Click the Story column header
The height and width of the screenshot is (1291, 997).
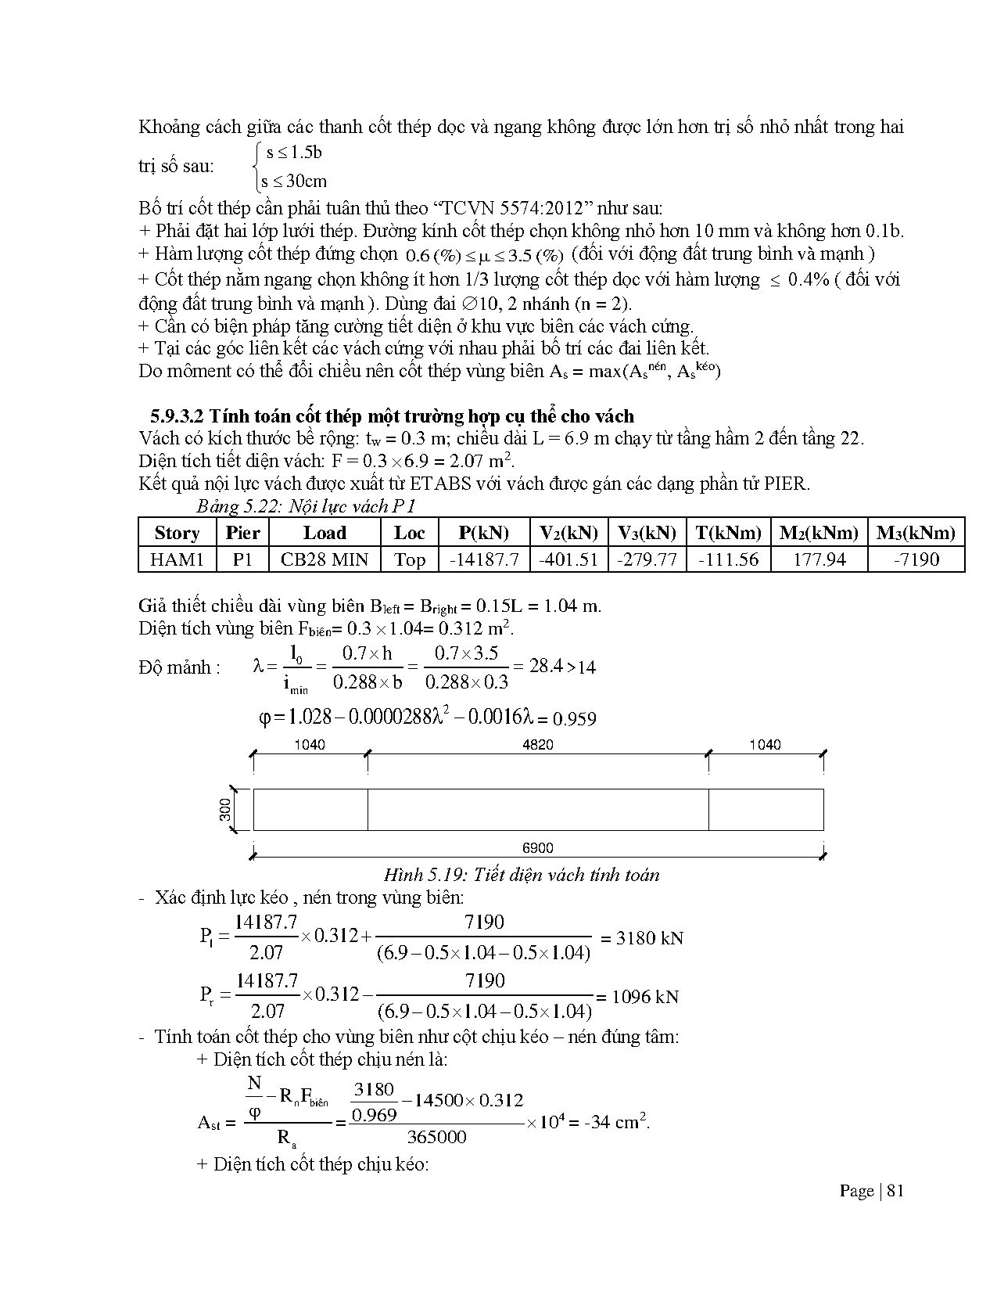[x=177, y=533]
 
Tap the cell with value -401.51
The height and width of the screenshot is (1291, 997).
[x=568, y=559]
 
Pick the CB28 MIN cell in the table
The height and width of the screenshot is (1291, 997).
[x=325, y=559]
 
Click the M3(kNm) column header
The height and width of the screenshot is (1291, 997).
[x=916, y=533]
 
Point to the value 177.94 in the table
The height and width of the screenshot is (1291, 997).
[x=819, y=559]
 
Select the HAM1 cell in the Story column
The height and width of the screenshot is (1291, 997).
[x=177, y=559]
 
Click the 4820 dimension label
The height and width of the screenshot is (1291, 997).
[x=537, y=744]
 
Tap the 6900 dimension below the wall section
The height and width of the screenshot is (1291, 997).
[x=537, y=847]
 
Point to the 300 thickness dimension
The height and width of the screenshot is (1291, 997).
[x=226, y=809]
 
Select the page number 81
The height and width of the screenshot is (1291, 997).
[x=896, y=1191]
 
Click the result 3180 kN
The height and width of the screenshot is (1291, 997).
[x=649, y=937]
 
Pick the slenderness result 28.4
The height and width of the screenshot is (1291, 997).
[x=546, y=666]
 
